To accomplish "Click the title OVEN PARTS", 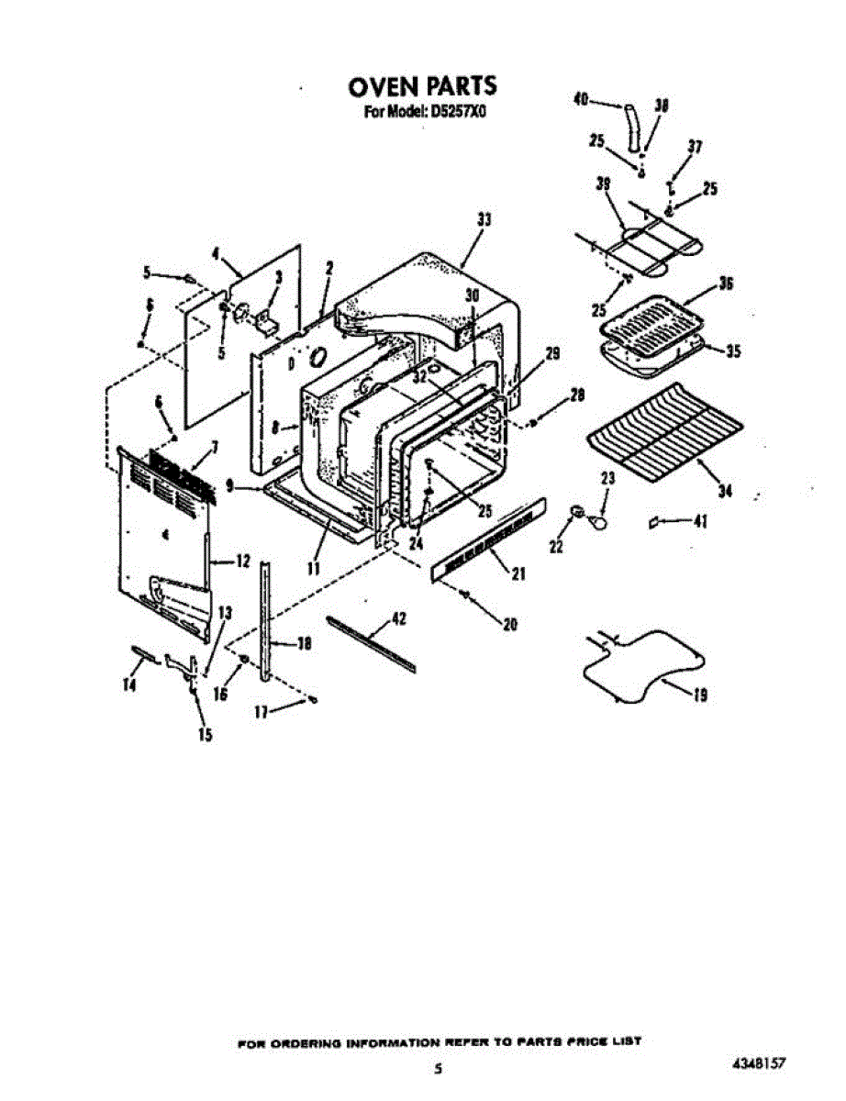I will click(x=422, y=86).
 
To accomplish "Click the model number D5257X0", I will click(x=455, y=113).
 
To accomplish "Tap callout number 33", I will click(x=484, y=220).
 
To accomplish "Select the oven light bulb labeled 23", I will click(x=597, y=521).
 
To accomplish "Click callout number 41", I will click(x=700, y=522).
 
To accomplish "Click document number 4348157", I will click(x=761, y=1065).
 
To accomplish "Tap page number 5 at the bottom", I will click(x=440, y=1069).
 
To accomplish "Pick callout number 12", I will click(x=243, y=562).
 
